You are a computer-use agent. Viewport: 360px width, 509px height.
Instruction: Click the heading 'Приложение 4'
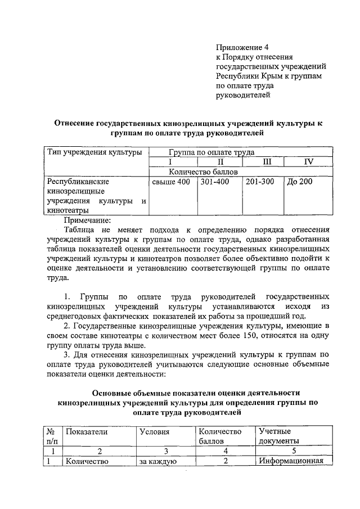244,48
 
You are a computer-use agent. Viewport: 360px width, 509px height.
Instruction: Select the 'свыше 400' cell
171,182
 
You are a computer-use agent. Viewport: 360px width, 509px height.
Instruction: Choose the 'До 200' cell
300,182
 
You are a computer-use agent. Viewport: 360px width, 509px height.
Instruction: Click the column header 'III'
263,162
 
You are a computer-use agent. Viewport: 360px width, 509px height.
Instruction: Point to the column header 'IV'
309,162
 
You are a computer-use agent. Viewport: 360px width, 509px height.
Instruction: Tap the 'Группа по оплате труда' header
211,152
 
